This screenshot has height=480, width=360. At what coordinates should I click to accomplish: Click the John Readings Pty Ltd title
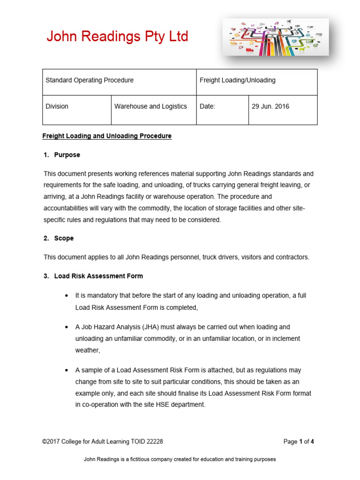117,37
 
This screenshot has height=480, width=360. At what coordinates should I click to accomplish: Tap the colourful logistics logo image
276,37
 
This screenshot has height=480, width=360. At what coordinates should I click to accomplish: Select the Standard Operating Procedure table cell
90,80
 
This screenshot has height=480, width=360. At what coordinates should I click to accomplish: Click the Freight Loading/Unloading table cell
238,80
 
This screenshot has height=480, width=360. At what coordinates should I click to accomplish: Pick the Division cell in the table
57,106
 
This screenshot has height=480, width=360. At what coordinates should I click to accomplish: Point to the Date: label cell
207,106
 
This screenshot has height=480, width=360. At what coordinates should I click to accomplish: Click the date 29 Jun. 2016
270,106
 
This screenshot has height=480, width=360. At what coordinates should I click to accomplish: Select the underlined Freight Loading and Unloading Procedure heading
107,136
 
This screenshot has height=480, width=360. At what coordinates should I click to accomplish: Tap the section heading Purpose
67,155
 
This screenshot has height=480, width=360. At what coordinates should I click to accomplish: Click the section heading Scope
64,238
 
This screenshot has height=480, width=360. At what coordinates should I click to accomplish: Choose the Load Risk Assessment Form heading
98,276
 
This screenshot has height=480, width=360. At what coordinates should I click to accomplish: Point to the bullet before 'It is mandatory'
66,296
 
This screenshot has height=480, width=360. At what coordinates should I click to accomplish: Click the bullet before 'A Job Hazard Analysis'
66,327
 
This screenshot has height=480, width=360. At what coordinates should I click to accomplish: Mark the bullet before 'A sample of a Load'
66,370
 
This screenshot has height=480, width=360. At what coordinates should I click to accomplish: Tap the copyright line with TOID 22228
103,442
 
